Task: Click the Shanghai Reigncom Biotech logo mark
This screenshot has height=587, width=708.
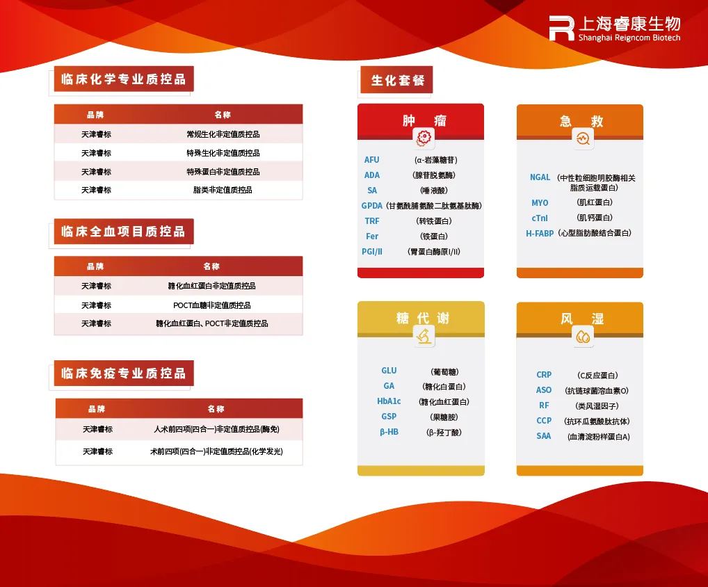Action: [561, 29]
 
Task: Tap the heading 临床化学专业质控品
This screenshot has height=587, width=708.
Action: [124, 79]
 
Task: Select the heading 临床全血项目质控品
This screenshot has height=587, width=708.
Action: [124, 231]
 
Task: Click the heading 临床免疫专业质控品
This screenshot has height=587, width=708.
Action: [124, 373]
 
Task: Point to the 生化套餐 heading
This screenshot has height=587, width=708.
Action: [397, 80]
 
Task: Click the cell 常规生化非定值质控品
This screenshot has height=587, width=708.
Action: [223, 134]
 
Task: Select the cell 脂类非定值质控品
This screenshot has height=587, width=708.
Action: [223, 190]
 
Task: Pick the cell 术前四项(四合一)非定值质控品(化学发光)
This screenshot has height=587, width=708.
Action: [216, 451]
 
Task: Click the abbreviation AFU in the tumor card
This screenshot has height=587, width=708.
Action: [372, 160]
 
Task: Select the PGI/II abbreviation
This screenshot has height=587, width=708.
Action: [372, 252]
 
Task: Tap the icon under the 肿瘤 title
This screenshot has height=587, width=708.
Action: [424, 138]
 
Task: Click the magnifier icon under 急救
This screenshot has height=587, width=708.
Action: [582, 138]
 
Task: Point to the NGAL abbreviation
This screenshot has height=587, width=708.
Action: [540, 177]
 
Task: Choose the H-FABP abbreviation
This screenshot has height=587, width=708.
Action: [540, 234]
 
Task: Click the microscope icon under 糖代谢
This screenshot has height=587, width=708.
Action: [424, 337]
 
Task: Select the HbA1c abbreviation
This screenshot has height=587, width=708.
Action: [389, 401]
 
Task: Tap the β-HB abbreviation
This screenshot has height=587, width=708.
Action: [389, 432]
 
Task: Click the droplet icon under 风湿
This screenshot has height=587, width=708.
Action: [582, 337]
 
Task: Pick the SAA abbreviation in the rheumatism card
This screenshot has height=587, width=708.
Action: [544, 436]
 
